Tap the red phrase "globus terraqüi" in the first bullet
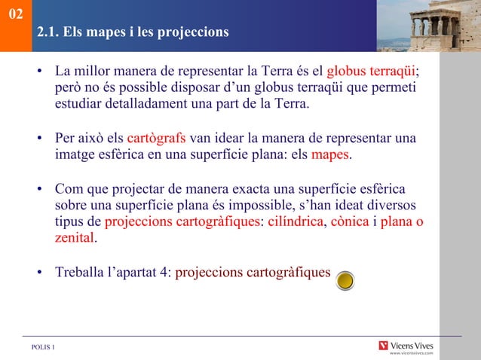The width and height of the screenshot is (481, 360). coord(371,72)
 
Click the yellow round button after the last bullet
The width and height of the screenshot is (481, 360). coord(345,280)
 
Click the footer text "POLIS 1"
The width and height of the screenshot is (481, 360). coord(43,346)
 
